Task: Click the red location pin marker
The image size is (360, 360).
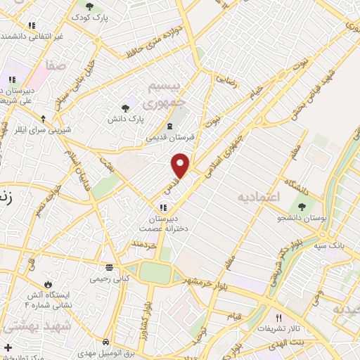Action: [x=181, y=165]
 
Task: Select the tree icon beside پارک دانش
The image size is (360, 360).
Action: [x=125, y=108]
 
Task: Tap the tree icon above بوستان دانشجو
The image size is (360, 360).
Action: [x=302, y=207]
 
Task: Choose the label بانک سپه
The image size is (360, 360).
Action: [x=331, y=245]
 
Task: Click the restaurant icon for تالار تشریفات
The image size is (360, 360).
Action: [x=280, y=318]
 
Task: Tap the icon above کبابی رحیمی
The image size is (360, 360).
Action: [x=109, y=267]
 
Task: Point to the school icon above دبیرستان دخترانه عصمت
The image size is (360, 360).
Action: [x=163, y=207]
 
